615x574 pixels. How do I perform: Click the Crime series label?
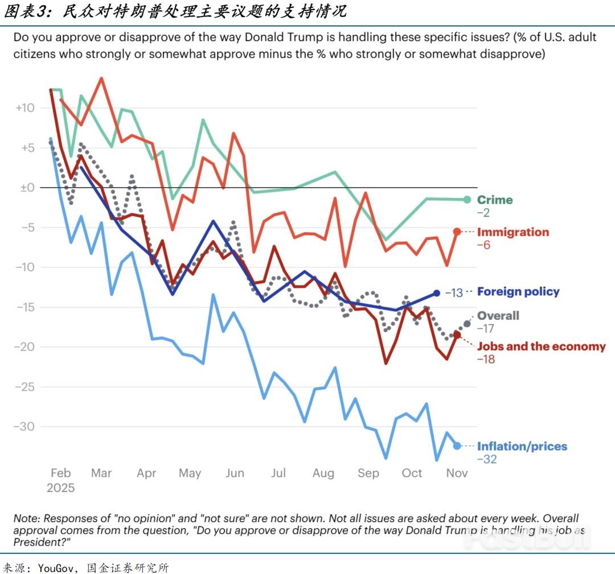(494, 200)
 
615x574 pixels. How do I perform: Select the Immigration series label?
(512, 232)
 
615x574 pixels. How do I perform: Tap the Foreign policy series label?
(518, 292)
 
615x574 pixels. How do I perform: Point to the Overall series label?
(498, 316)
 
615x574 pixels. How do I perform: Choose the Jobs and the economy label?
(541, 346)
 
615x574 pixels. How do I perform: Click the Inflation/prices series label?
(522, 447)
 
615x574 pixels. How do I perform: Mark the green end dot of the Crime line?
(467, 200)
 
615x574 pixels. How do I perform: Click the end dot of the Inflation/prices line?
(457, 446)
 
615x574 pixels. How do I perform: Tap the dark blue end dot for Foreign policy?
(437, 293)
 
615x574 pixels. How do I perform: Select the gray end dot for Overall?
(468, 324)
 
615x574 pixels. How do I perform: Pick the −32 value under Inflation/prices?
(486, 460)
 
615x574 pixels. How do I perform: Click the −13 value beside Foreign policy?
(453, 293)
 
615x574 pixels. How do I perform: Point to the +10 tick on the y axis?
(24, 108)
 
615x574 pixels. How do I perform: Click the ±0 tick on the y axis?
(26, 188)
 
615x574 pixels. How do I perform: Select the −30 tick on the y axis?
(24, 427)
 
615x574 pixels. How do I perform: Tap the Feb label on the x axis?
(60, 473)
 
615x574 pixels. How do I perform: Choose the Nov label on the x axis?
(457, 473)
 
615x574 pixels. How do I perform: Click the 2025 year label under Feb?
(60, 488)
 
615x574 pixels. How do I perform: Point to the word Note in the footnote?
(26, 519)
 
